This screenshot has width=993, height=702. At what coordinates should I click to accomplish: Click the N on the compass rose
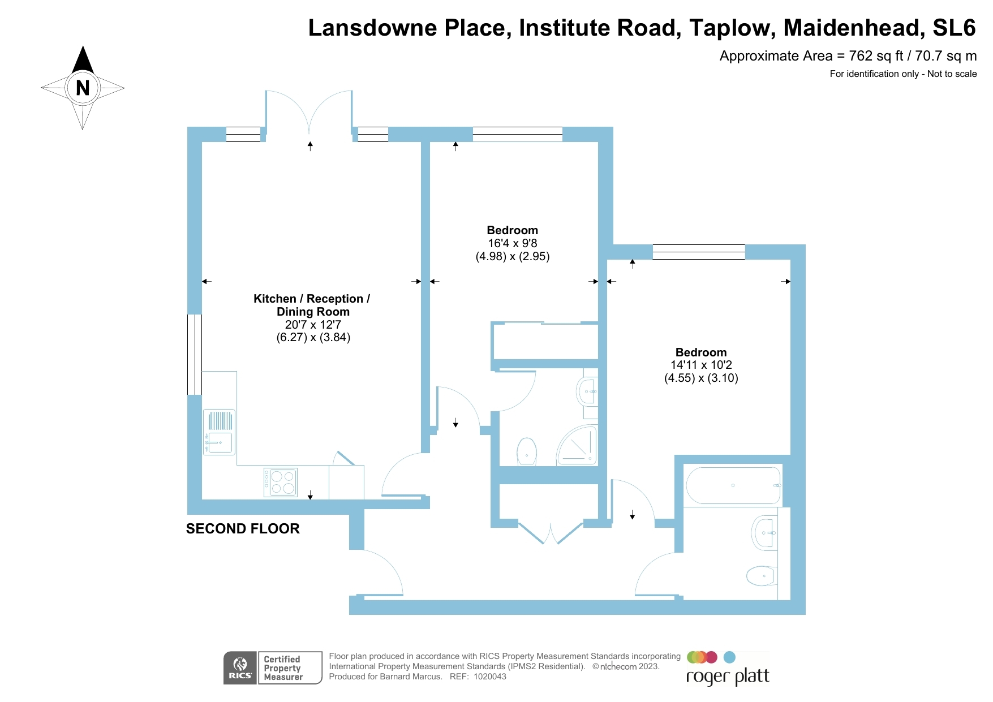83,88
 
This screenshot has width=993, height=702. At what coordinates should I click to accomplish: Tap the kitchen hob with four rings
281,482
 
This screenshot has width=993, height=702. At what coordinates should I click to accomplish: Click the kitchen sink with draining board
219,432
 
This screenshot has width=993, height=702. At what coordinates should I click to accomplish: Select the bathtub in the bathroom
733,485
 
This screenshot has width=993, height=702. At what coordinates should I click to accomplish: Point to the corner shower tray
578,446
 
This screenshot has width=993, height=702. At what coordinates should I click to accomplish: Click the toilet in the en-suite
527,451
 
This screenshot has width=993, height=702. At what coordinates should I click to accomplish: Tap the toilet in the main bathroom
762,576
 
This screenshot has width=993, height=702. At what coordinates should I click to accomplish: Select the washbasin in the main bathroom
764,533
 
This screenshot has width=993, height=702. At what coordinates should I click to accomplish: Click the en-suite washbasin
587,391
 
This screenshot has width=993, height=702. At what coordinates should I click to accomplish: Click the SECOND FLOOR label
243,528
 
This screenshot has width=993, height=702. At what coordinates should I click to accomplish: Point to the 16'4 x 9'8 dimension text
513,243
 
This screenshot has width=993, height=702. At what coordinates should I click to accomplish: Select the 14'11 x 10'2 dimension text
701,365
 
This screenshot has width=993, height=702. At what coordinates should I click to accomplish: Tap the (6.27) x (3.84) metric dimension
313,338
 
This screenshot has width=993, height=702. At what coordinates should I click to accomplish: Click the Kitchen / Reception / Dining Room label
312,305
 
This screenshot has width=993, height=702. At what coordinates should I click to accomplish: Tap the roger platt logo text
728,677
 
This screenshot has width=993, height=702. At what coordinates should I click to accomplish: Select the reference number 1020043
490,677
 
